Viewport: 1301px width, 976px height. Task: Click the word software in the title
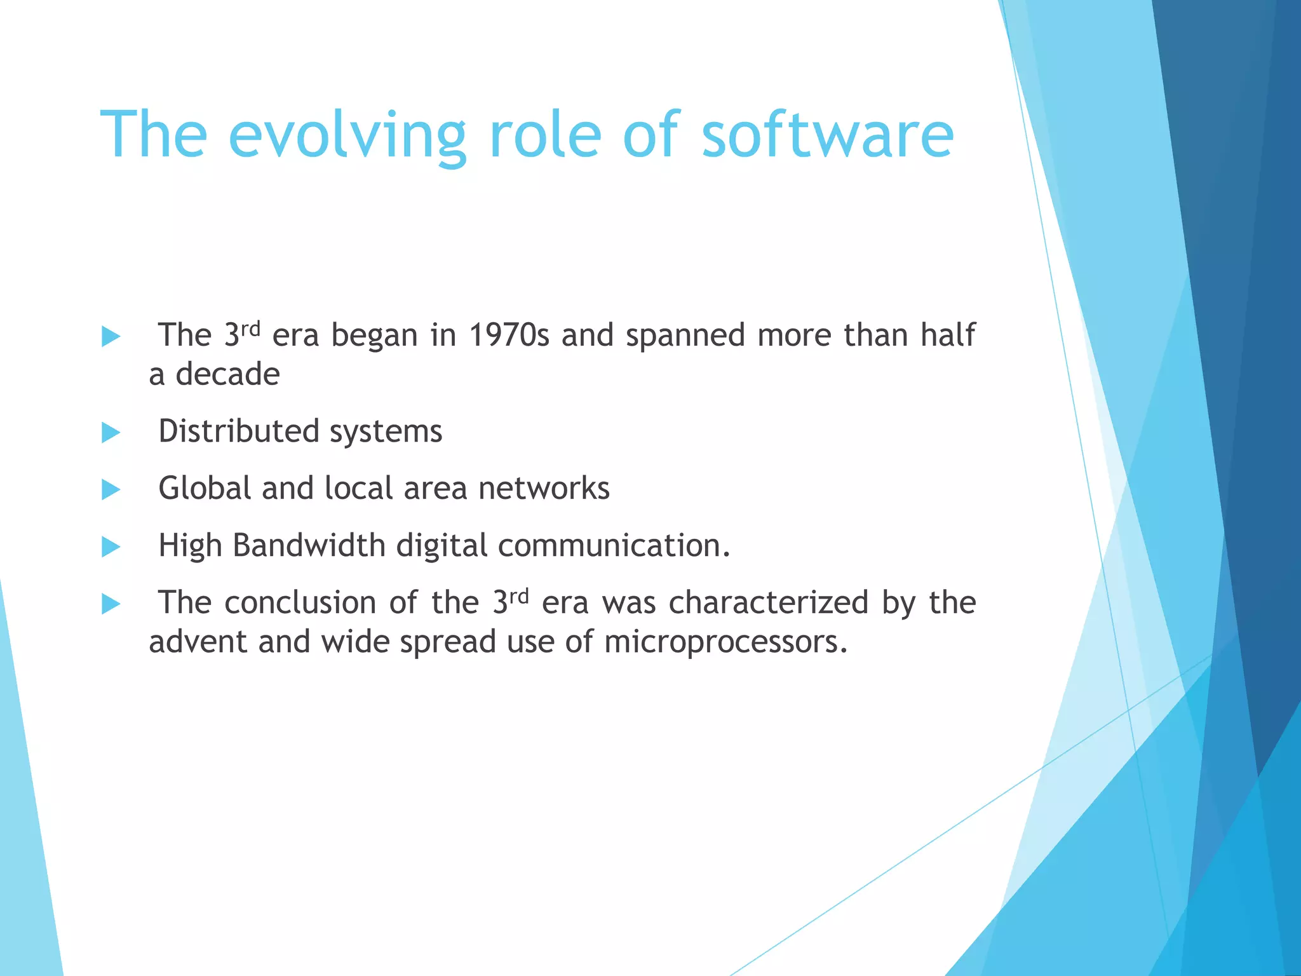coord(827,135)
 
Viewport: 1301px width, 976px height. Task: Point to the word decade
coord(227,374)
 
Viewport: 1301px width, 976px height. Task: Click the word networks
coord(544,489)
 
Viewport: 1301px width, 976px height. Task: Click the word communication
coord(614,546)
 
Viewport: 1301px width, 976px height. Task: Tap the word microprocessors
coord(725,642)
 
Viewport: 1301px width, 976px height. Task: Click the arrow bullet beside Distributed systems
coord(111,433)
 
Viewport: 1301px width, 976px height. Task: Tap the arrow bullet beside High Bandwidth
coord(111,546)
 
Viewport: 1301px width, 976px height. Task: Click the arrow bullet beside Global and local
coord(111,489)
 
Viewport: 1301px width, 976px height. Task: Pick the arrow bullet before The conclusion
coord(111,604)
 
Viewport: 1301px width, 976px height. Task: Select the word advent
coord(197,642)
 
